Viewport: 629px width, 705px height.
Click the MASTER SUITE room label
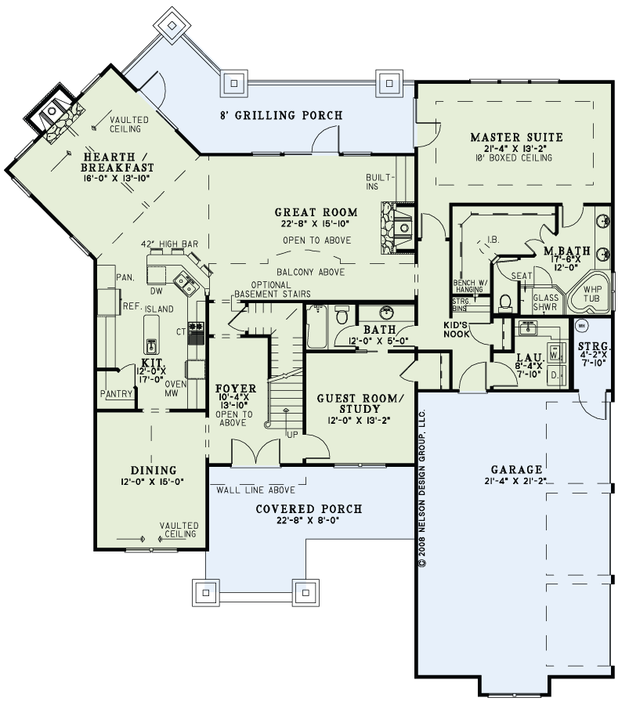(x=517, y=137)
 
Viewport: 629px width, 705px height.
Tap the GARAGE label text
(x=517, y=470)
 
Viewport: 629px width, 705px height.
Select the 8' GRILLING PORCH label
(x=281, y=115)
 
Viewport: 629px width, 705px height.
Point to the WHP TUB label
(x=591, y=294)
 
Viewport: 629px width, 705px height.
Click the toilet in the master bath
(x=506, y=302)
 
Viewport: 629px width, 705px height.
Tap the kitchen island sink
(x=151, y=345)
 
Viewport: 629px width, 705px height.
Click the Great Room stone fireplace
(x=397, y=229)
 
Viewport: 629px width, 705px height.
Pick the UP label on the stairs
(x=292, y=435)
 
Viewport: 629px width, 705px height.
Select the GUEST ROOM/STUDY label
(x=360, y=403)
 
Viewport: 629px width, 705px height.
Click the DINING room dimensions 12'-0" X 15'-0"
(x=153, y=482)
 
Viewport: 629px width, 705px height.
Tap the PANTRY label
(x=117, y=394)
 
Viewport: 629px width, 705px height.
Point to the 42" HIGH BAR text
(x=169, y=244)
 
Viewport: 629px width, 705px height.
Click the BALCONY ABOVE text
(x=311, y=272)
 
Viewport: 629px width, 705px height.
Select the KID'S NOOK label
(x=457, y=330)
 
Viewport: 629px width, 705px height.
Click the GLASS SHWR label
(x=545, y=302)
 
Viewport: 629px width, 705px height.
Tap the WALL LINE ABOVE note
(x=256, y=490)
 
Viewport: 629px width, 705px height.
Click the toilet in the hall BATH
(x=342, y=315)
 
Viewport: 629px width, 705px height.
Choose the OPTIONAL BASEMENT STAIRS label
(x=273, y=290)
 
